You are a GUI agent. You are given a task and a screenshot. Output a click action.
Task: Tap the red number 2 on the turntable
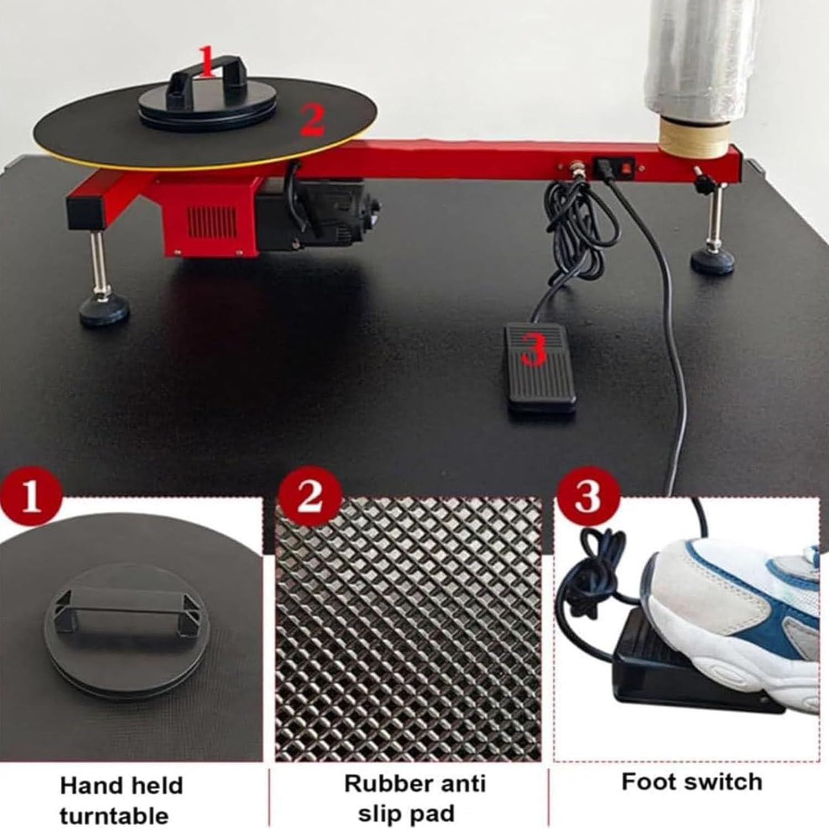tap(312, 121)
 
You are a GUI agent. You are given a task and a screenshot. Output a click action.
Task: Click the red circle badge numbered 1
tap(30, 495)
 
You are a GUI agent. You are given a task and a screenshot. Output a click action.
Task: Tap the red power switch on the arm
tap(626, 166)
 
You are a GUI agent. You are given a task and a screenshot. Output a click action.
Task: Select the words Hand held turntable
tap(122, 799)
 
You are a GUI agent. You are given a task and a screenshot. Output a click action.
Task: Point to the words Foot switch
tap(692, 782)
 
